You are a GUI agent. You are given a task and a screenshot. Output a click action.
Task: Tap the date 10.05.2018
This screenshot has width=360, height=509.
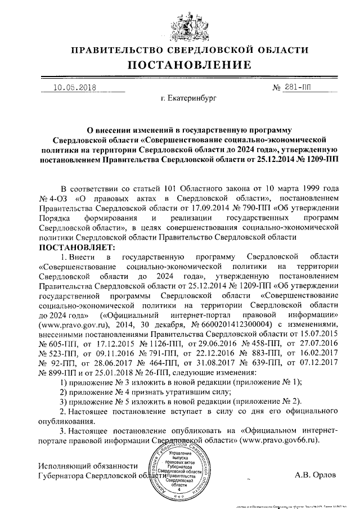[73, 88]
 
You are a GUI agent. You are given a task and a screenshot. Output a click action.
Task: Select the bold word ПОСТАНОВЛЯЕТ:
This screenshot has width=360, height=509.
[76, 246]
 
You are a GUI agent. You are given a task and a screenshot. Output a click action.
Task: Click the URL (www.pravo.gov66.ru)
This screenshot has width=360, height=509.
[278, 440]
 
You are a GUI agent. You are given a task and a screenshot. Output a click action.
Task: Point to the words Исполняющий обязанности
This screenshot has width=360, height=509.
[88, 466]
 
